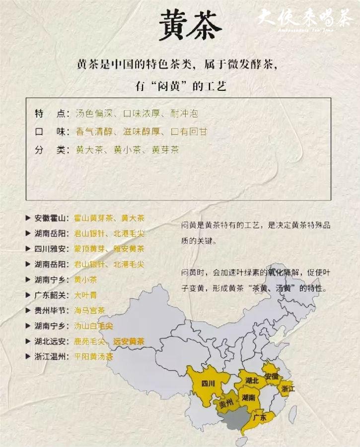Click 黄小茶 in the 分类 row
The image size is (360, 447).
click(125, 149)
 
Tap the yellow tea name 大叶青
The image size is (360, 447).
click(85, 295)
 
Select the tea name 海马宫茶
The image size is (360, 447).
click(89, 310)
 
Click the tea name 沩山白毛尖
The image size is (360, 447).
click(93, 326)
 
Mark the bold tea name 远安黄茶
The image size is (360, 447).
click(129, 341)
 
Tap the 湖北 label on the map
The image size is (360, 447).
click(252, 380)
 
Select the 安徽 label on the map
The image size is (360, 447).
click(272, 376)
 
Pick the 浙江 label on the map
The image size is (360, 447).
click(288, 388)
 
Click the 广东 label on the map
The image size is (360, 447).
click(260, 418)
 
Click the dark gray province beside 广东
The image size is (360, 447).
click(233, 420)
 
